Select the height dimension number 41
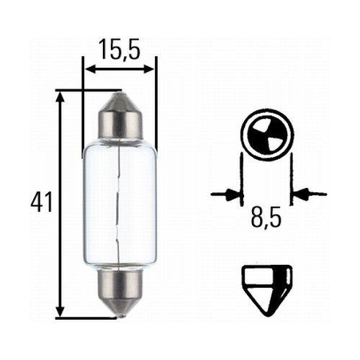click(x=42, y=202)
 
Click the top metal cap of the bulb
click(x=119, y=117)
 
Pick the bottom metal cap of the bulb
click(x=119, y=287)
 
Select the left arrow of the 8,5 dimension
click(x=230, y=193)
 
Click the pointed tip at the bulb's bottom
click(x=119, y=314)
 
